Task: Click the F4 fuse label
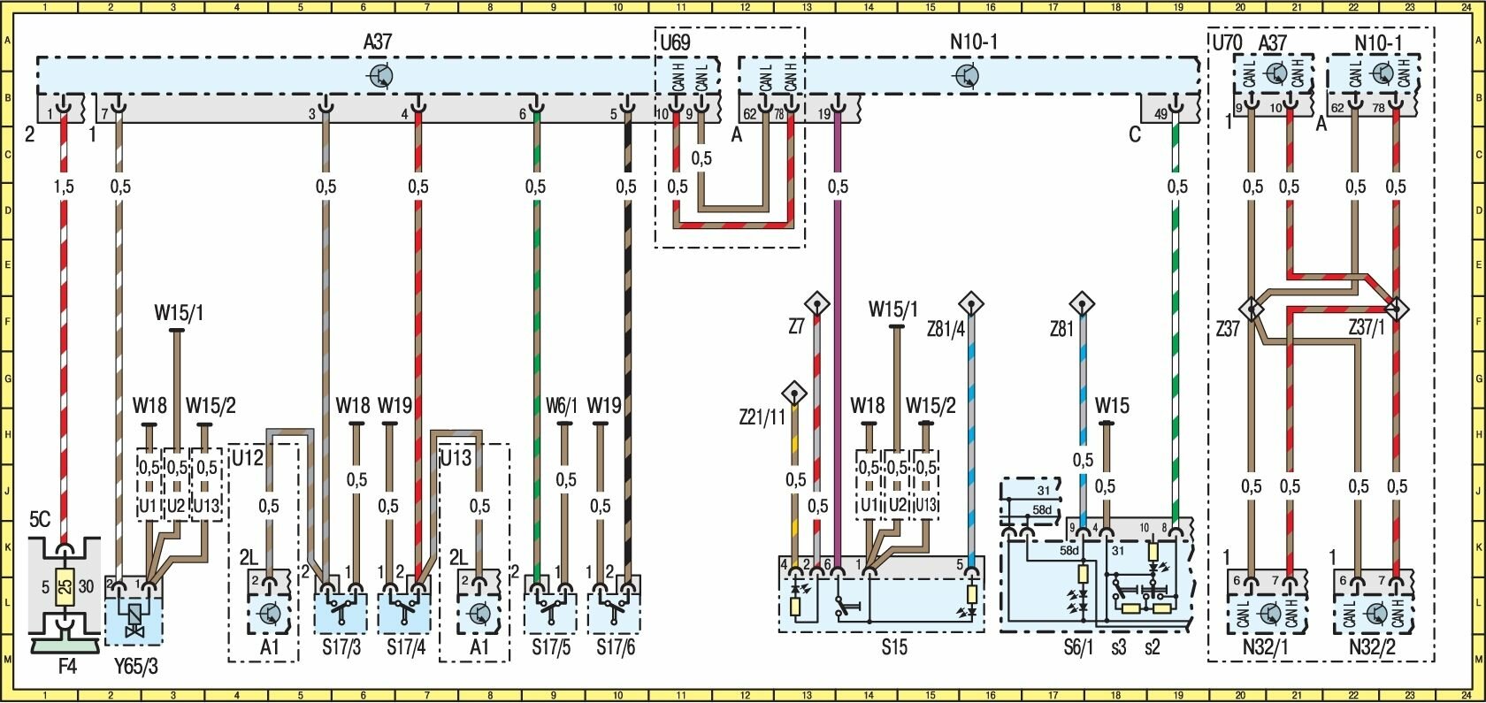pos(66,667)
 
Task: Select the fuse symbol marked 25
pos(65,586)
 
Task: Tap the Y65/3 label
pos(136,667)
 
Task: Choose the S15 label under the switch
pos(894,648)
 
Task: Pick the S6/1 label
pos(1079,648)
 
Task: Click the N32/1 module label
pos(1268,648)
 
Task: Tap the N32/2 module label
pos(1374,648)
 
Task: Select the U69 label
pos(674,41)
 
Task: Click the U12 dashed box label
pos(248,458)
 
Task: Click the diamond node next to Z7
pos(818,305)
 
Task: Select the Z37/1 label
pos(1367,328)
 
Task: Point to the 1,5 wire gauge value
pos(64,187)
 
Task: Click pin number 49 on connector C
pos(1160,113)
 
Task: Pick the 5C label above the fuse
pos(40,520)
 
